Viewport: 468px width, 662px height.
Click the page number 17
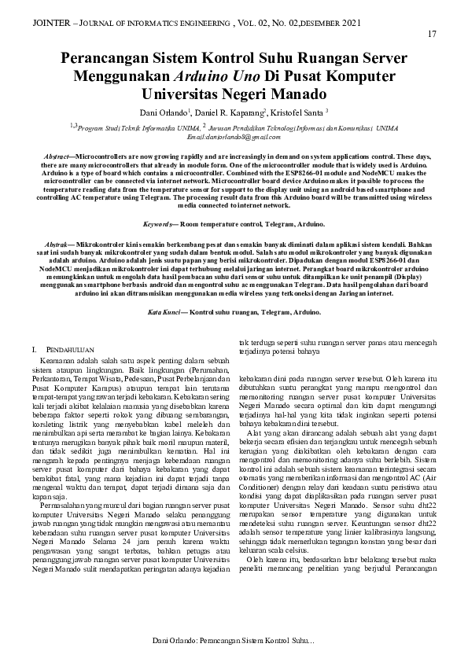pos(432,34)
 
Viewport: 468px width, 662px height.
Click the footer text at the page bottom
pos(233,642)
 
